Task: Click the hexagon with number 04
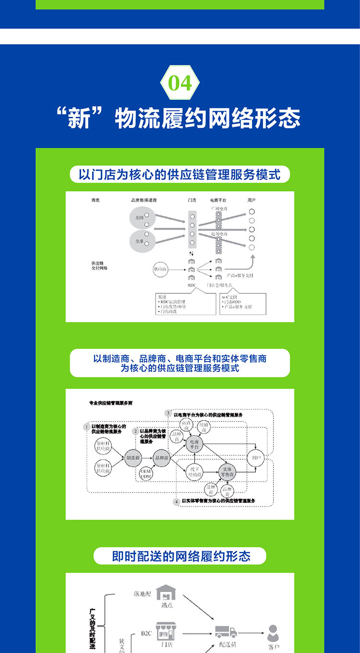(180, 83)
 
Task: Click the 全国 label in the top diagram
(139, 218)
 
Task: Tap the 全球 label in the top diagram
(139, 241)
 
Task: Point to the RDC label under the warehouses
(192, 285)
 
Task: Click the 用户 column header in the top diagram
(252, 199)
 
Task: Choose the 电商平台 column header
(218, 199)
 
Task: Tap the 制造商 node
(132, 458)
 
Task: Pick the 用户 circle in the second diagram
(255, 458)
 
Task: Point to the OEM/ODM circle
(146, 474)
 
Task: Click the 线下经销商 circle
(195, 472)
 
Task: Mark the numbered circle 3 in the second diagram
(168, 413)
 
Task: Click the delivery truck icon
(226, 631)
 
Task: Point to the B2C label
(146, 633)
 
